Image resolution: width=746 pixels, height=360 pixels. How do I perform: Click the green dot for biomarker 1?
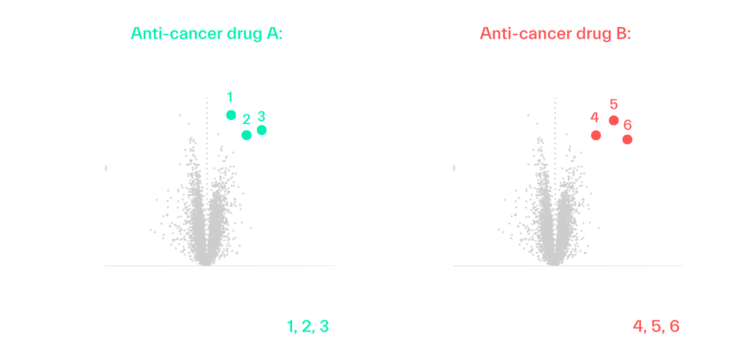pos(231,114)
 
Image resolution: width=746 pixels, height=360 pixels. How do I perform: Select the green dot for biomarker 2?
pos(246,135)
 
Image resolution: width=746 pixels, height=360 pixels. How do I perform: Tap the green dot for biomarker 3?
pos(262,130)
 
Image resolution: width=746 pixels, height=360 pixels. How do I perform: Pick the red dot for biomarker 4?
pos(596,135)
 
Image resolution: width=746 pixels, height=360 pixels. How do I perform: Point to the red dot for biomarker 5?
pos(613,121)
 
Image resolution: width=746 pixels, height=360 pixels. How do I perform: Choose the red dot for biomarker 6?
pos(627,139)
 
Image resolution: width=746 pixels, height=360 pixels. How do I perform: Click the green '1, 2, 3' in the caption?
pos(306,326)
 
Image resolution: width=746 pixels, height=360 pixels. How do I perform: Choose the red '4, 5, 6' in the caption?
pos(654,326)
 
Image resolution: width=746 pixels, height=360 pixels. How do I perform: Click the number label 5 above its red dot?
pos(613,103)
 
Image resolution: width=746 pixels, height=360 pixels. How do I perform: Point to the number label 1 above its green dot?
pos(229,97)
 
